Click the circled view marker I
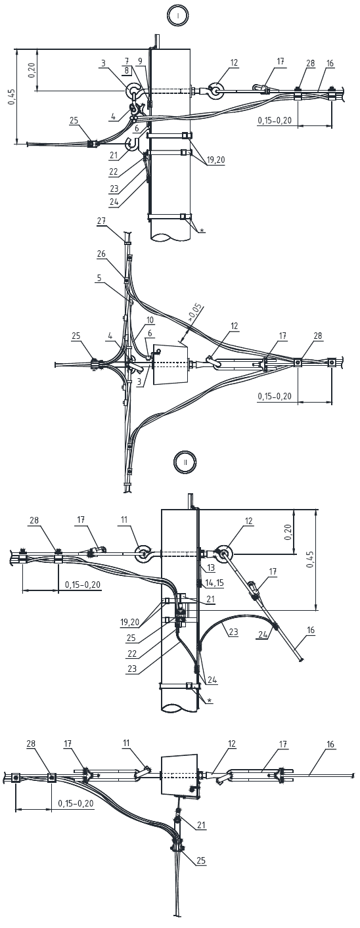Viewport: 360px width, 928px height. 178,16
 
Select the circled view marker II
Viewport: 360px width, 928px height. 185,462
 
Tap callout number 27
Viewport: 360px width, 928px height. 101,221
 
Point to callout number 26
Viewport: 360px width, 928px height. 101,254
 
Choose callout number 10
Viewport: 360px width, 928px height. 150,320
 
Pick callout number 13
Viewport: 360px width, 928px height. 211,567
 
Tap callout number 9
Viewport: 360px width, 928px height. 141,61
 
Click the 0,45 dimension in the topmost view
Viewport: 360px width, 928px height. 12,97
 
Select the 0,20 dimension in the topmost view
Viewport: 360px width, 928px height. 32,70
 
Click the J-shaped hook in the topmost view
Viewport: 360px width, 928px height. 132,143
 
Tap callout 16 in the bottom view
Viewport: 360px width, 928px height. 330,745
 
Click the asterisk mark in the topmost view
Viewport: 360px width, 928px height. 202,230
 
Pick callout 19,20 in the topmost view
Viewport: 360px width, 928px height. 217,160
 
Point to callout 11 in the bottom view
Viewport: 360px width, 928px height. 126,743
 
